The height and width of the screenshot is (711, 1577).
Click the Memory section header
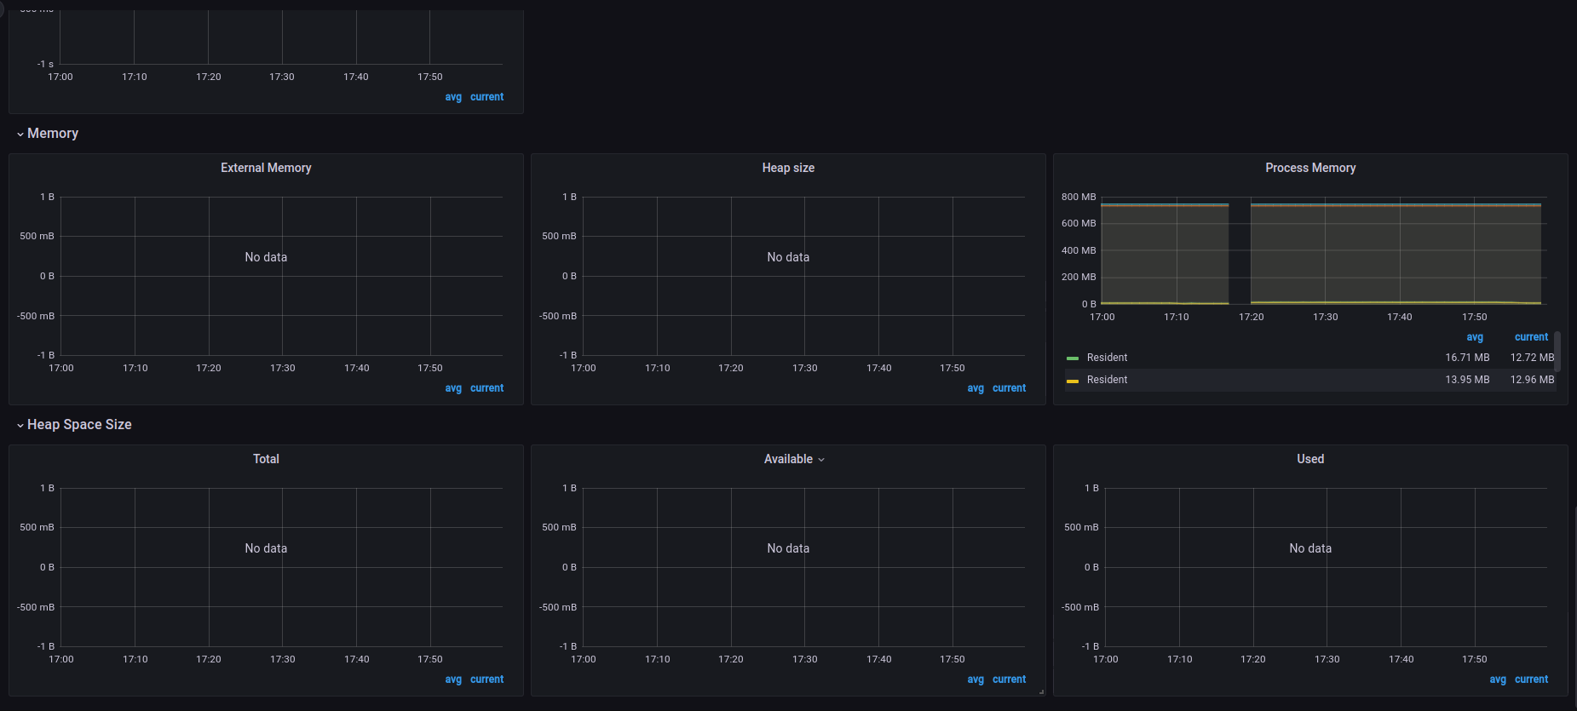click(53, 134)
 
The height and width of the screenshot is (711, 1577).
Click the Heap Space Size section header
click(79, 425)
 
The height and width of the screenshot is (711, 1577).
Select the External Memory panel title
click(266, 169)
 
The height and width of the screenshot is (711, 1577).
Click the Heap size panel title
click(788, 169)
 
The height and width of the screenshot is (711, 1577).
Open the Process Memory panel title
click(1310, 169)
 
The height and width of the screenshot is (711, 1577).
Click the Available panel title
click(788, 460)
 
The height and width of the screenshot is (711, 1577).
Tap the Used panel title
click(1310, 460)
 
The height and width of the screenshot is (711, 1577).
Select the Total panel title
click(266, 460)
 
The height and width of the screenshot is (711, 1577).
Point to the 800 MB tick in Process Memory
click(1079, 198)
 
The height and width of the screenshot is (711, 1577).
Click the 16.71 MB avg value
click(1467, 358)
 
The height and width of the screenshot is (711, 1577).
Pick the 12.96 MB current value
click(1532, 381)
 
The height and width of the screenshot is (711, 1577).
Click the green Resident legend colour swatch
click(1073, 358)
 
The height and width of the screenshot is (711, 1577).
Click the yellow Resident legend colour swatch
click(1073, 381)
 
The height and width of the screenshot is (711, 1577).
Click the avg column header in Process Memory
click(1475, 338)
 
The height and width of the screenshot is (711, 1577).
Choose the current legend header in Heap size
click(1009, 389)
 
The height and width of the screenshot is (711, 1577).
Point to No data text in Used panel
click(1310, 549)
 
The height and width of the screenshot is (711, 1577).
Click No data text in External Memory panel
click(266, 258)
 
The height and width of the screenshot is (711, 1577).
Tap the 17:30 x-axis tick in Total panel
click(283, 660)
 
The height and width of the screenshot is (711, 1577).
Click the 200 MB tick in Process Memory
click(1079, 278)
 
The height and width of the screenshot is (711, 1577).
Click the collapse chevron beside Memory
click(20, 135)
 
